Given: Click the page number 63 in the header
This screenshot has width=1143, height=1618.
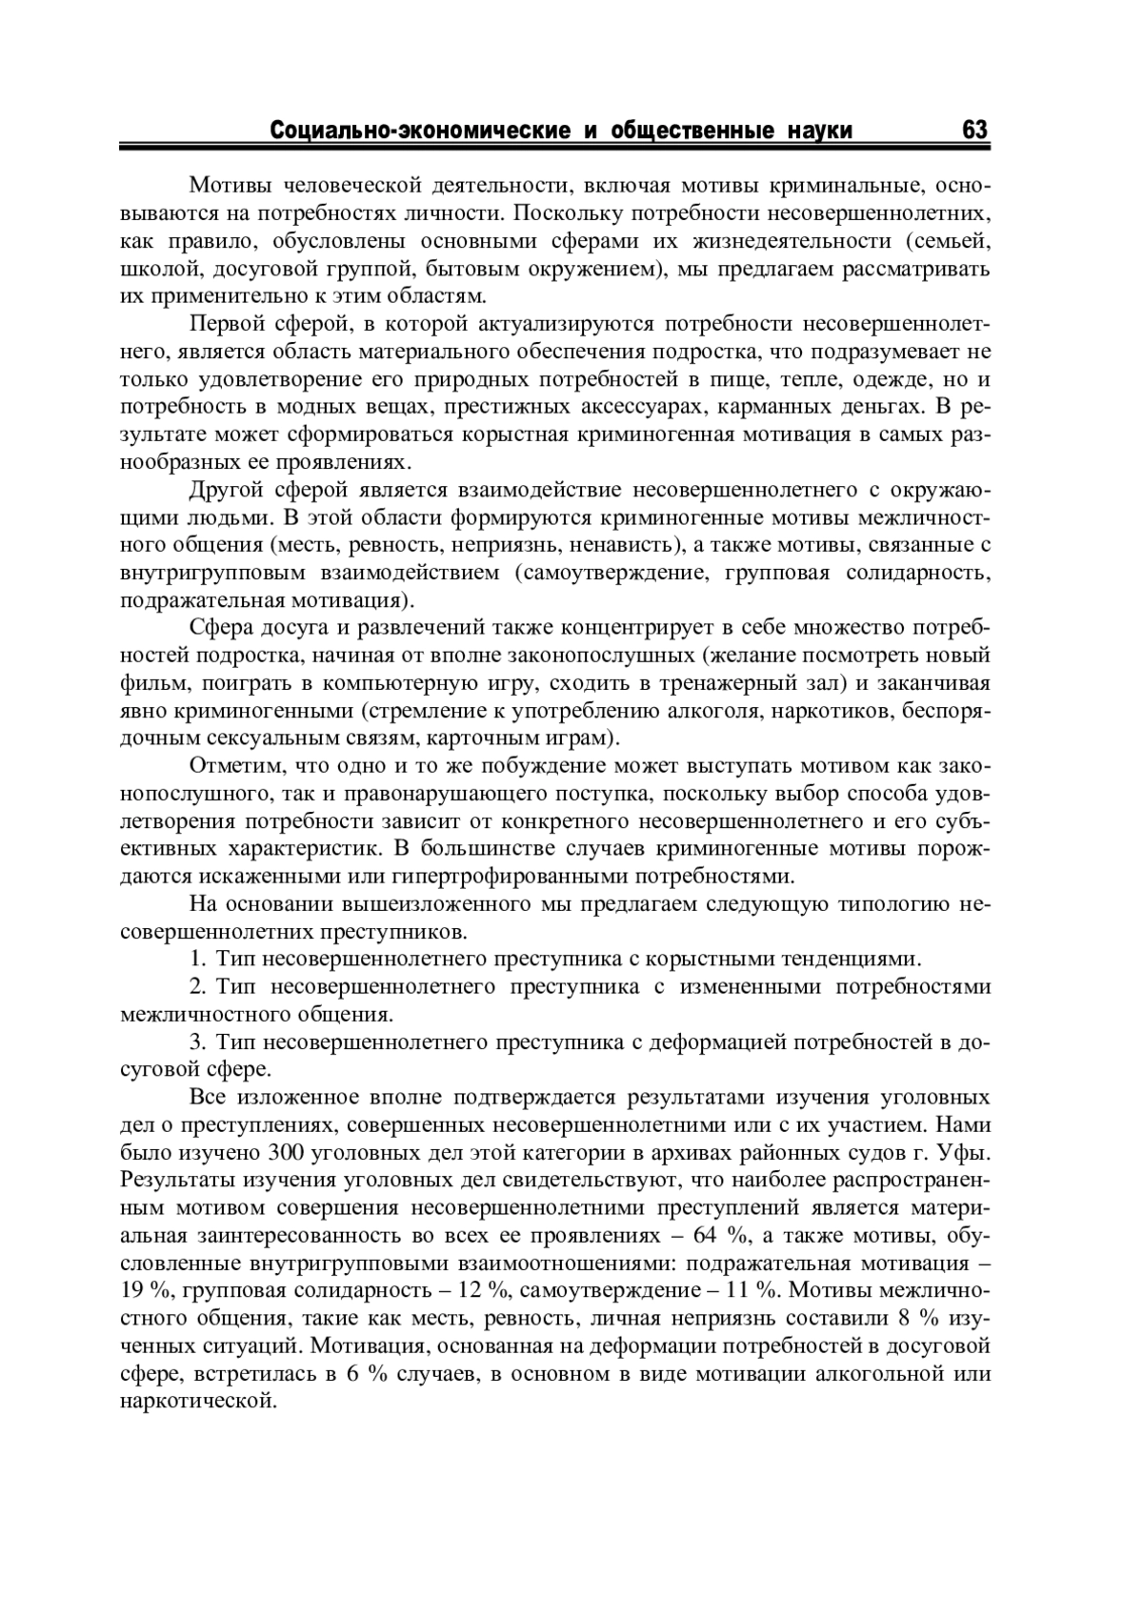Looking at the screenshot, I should [x=974, y=130].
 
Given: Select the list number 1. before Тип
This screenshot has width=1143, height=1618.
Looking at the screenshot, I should [x=198, y=959].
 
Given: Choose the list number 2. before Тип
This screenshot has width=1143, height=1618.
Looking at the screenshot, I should [x=198, y=986].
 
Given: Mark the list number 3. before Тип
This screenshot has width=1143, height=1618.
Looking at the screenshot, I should [x=198, y=1042].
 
